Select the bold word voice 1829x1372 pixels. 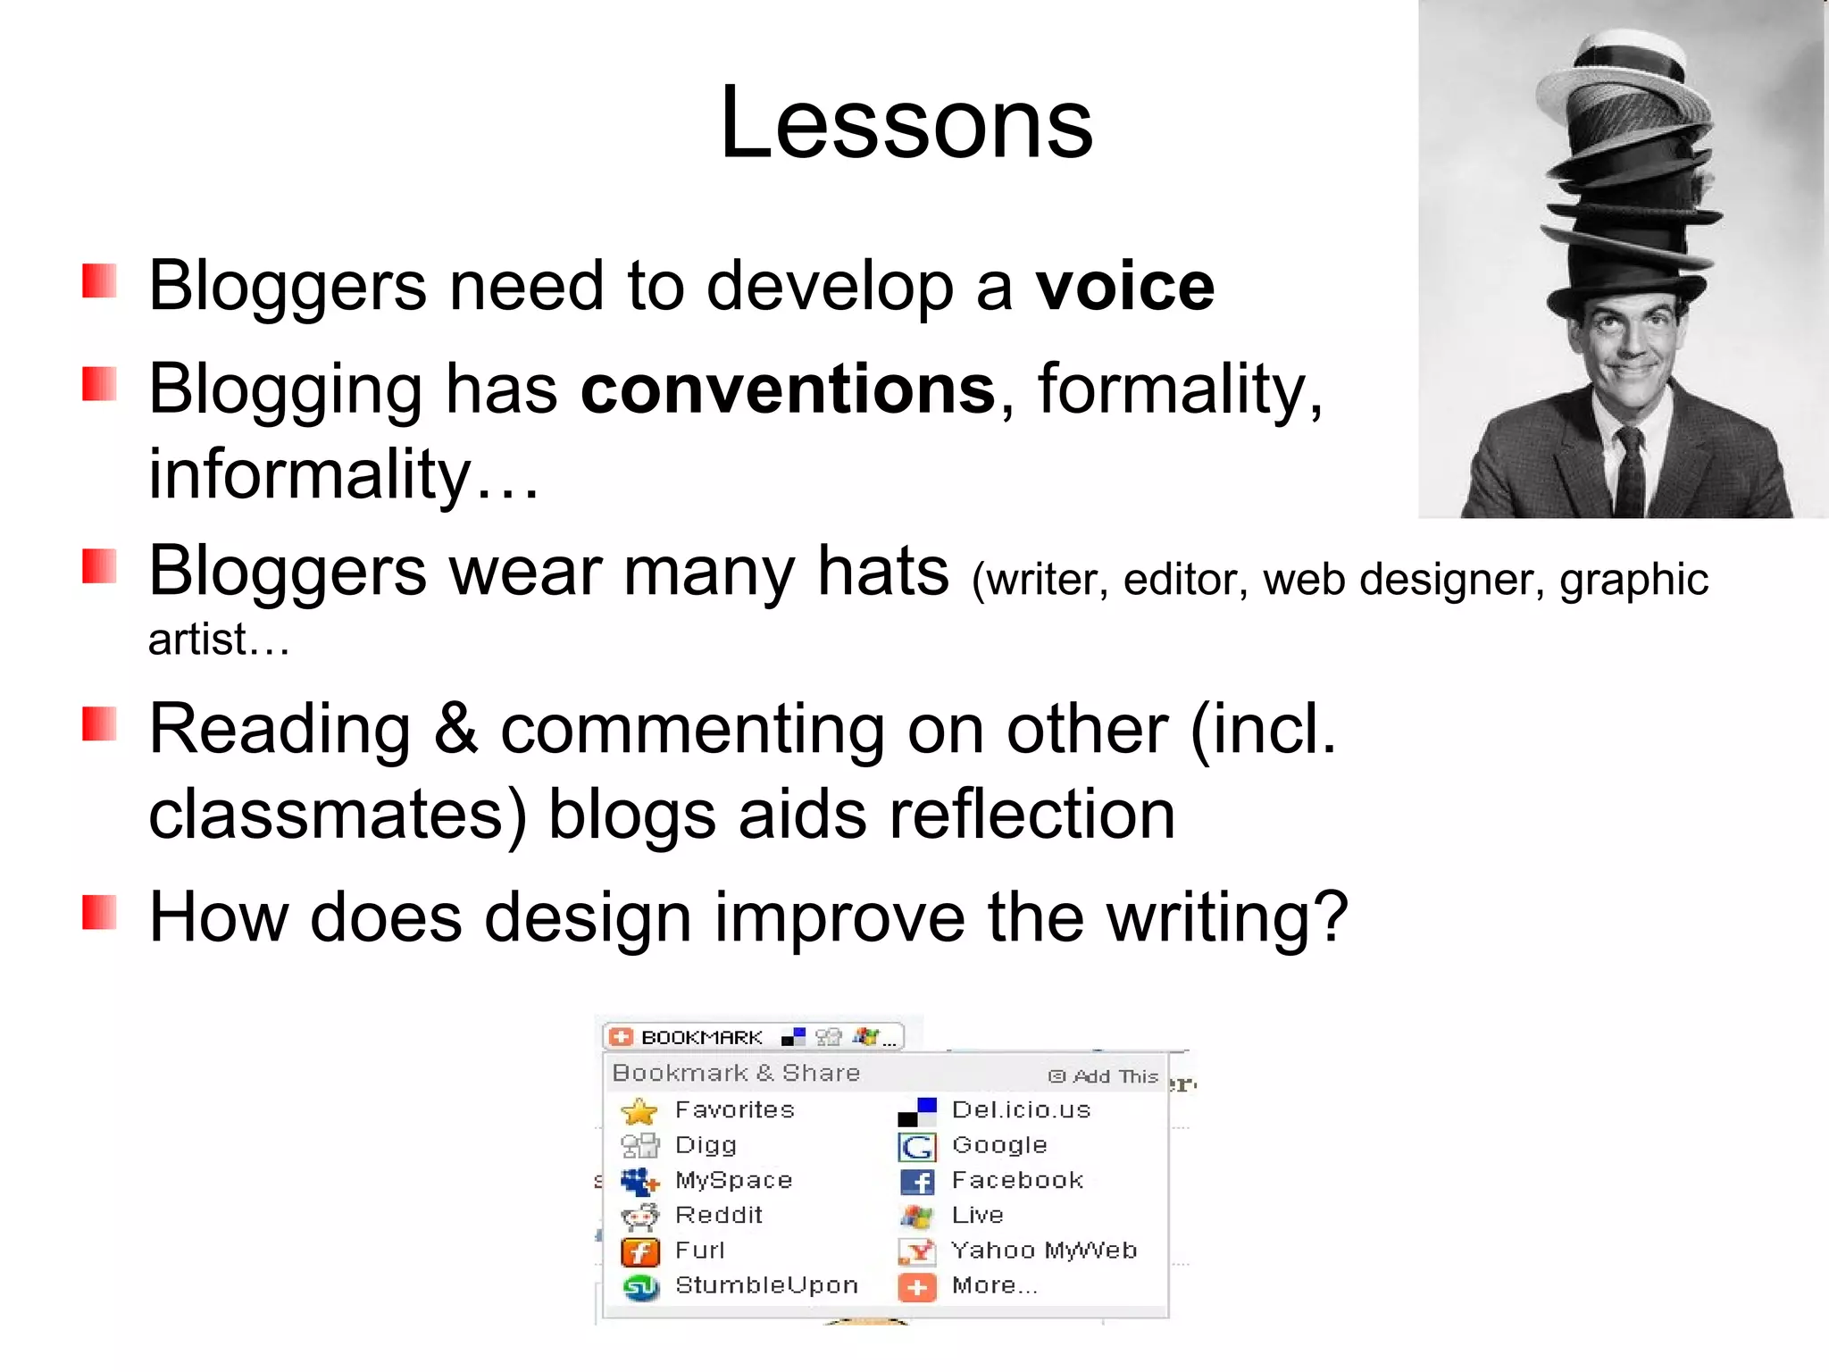click(x=1124, y=287)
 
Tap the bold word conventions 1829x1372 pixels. click(x=788, y=389)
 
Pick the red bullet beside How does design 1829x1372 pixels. click(x=99, y=913)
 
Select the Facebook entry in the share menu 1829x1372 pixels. click(x=1016, y=1181)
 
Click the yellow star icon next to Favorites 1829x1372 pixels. click(x=639, y=1111)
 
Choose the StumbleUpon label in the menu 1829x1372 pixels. click(x=766, y=1285)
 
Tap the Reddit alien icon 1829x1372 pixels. click(x=639, y=1216)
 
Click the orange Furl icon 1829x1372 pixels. click(x=639, y=1251)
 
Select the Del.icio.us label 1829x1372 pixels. click(x=1021, y=1110)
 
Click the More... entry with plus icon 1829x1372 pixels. click(x=993, y=1285)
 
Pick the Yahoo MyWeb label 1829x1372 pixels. click(x=1043, y=1251)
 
